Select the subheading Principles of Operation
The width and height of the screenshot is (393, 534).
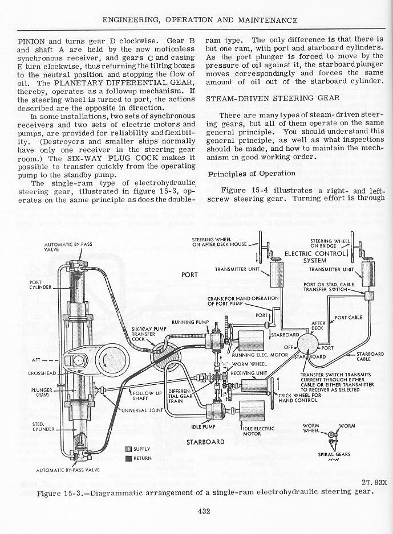[252, 173]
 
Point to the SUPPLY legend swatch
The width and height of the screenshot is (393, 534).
[128, 449]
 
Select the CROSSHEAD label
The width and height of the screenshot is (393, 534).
[39, 373]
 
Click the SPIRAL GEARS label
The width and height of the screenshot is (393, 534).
[335, 454]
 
